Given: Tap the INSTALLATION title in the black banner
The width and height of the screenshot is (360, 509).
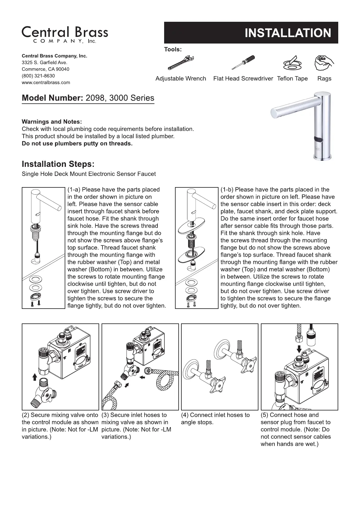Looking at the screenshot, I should click(287, 33).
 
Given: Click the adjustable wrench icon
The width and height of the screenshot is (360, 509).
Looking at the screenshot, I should click(180, 63).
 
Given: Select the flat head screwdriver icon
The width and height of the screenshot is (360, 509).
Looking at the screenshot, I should click(243, 62).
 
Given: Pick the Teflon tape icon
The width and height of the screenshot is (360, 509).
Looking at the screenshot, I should click(292, 63).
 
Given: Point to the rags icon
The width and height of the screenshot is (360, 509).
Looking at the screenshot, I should click(324, 63).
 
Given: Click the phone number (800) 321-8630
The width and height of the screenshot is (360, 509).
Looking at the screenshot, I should click(38, 76).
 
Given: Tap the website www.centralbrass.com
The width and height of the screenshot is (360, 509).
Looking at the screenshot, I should click(46, 83).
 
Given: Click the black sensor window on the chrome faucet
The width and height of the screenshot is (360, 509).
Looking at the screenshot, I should click(319, 139).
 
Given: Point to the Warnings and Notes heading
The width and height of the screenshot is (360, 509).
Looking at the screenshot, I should click(52, 122).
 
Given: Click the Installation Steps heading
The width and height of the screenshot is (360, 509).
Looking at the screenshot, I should click(58, 164).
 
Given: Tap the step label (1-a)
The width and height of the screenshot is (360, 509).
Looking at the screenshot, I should click(74, 190).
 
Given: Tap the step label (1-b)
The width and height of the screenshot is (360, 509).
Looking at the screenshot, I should click(227, 190).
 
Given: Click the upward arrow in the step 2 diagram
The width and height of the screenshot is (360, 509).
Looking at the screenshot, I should click(34, 376).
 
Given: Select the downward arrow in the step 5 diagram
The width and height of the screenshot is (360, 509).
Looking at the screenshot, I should click(299, 349).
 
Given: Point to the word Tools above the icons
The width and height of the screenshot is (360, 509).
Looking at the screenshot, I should click(173, 49).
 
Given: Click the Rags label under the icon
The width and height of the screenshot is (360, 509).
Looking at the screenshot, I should click(324, 79).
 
